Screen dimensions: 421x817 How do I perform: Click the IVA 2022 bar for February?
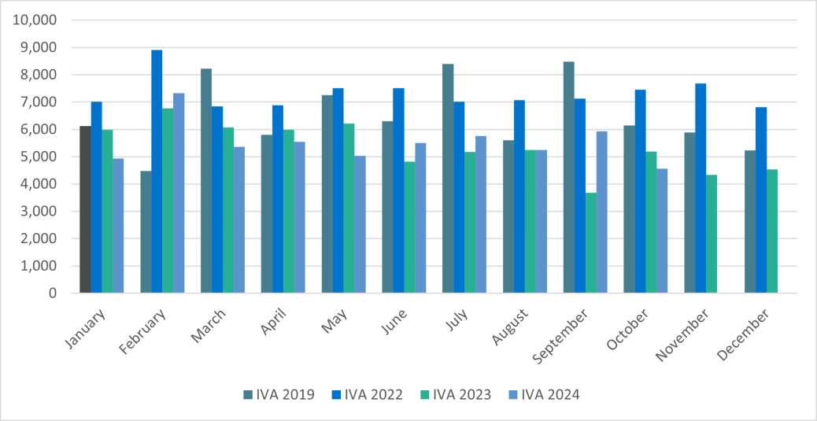[157, 172]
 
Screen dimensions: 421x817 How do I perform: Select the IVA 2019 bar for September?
[569, 177]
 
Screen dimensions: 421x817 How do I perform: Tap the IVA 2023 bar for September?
[591, 242]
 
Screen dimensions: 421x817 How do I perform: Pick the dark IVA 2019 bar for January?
[85, 209]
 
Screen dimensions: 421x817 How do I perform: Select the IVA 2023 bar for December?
[772, 231]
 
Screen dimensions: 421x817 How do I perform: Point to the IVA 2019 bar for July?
[448, 179]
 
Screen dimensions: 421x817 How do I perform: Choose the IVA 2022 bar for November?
[701, 188]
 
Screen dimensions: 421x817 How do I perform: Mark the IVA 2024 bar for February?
[179, 193]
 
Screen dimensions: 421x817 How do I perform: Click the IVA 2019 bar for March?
[206, 181]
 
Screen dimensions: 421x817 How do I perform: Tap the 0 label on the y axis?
[53, 294]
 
